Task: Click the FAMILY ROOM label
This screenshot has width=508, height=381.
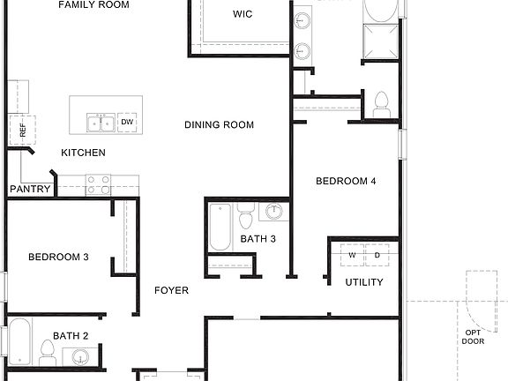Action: click(x=93, y=5)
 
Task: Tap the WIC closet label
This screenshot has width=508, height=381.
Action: click(x=243, y=14)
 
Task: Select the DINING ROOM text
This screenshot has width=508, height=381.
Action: click(x=219, y=125)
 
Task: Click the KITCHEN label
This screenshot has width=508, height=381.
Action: click(x=83, y=153)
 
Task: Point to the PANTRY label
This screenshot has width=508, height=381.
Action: click(x=30, y=190)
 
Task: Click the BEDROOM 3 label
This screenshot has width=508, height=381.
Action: click(x=58, y=258)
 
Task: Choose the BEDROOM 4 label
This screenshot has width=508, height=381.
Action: click(x=347, y=182)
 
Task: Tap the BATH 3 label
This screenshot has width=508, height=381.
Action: click(x=258, y=239)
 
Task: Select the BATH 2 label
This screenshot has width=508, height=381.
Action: click(x=71, y=336)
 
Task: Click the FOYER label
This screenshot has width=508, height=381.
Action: click(x=171, y=290)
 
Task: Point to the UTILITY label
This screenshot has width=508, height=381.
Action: click(x=364, y=283)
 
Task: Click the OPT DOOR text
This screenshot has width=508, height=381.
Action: click(x=473, y=336)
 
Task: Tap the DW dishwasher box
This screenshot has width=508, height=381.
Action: click(x=128, y=122)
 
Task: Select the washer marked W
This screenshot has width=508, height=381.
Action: click(x=352, y=255)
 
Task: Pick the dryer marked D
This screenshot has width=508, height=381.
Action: click(x=377, y=255)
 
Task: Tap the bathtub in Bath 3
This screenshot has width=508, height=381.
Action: click(x=220, y=228)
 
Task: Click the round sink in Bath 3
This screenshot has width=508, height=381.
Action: click(x=274, y=213)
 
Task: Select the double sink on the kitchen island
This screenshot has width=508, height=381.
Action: click(x=101, y=122)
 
